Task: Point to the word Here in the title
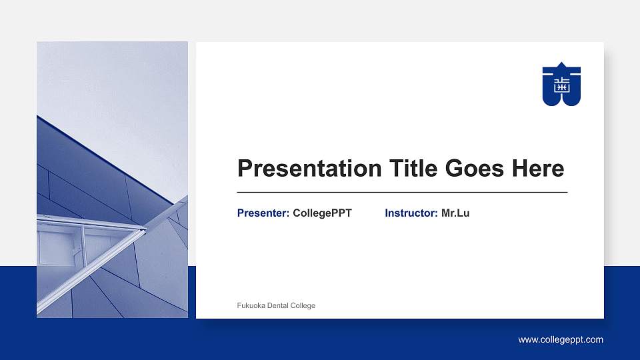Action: point(538,169)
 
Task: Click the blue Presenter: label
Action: point(263,213)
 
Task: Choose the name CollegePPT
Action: point(322,213)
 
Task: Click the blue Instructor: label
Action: point(411,213)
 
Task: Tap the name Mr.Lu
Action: point(455,213)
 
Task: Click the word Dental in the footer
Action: point(279,306)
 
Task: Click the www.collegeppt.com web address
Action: point(561,340)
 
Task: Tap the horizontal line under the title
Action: point(402,192)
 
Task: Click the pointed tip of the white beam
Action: point(145,230)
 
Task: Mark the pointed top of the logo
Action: point(561,63)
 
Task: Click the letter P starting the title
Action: point(245,169)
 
